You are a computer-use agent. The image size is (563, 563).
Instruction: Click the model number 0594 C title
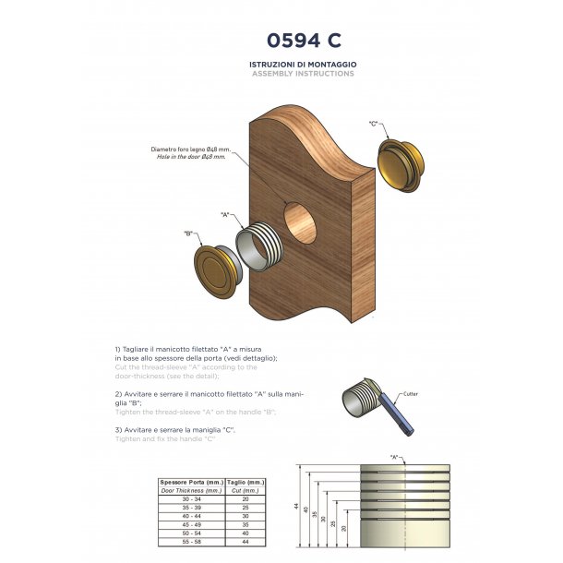pos(303,40)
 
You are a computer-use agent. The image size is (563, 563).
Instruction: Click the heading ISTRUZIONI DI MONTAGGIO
pos(303,64)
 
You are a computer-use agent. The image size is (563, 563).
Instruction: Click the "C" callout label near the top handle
pos(374,123)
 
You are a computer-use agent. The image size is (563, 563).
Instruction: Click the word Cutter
pos(410,394)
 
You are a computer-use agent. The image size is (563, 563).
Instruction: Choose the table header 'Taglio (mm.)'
pos(245,483)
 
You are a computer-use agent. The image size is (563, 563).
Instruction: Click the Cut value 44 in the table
pos(245,540)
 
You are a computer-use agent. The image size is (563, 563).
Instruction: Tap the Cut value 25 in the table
pos(245,507)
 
